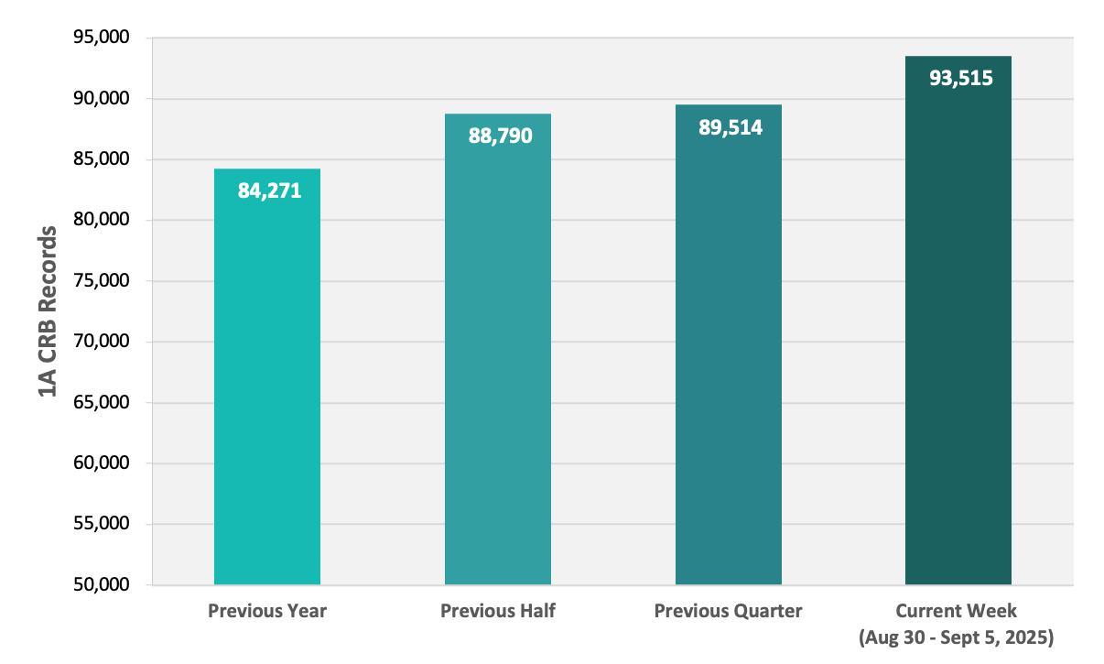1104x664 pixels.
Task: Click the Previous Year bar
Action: tap(267, 376)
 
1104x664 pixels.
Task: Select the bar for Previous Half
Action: tap(498, 350)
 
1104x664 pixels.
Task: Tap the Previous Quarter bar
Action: tap(729, 344)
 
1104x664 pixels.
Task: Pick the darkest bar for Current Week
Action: tap(958, 321)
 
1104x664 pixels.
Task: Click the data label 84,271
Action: tap(270, 191)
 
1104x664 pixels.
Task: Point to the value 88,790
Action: tap(500, 136)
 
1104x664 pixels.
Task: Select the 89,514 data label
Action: tap(731, 127)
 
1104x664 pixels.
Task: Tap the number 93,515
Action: tap(961, 79)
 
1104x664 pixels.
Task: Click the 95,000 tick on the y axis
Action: tap(102, 37)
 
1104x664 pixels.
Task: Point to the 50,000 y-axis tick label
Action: tap(102, 584)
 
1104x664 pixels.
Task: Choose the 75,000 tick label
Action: tap(102, 280)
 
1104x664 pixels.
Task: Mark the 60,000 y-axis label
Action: tap(102, 463)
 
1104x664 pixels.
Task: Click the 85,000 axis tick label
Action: tap(102, 158)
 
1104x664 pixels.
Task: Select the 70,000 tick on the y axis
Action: tap(102, 341)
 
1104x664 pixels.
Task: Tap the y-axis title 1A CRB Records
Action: tap(48, 311)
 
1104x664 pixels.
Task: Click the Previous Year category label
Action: tap(267, 611)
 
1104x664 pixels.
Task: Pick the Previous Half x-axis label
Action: tap(498, 611)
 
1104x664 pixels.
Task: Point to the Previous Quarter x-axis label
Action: tap(728, 611)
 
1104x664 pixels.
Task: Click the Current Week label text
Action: tap(956, 611)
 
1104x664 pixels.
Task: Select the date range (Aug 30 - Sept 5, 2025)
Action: tap(956, 637)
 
